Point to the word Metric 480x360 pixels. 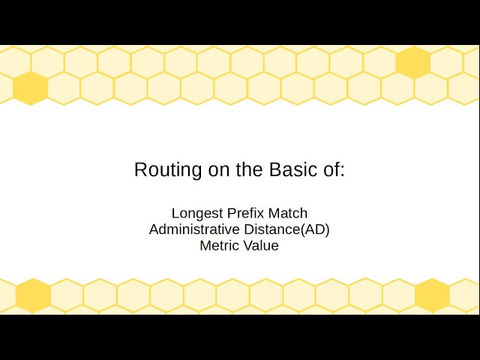(x=218, y=245)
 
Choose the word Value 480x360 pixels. (x=260, y=245)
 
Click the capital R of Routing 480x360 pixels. (x=140, y=169)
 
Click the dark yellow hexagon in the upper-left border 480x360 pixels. (x=31, y=88)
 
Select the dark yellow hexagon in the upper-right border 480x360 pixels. (x=413, y=62)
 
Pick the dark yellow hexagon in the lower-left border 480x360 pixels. (x=33, y=295)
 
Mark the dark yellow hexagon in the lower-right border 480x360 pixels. (x=432, y=295)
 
